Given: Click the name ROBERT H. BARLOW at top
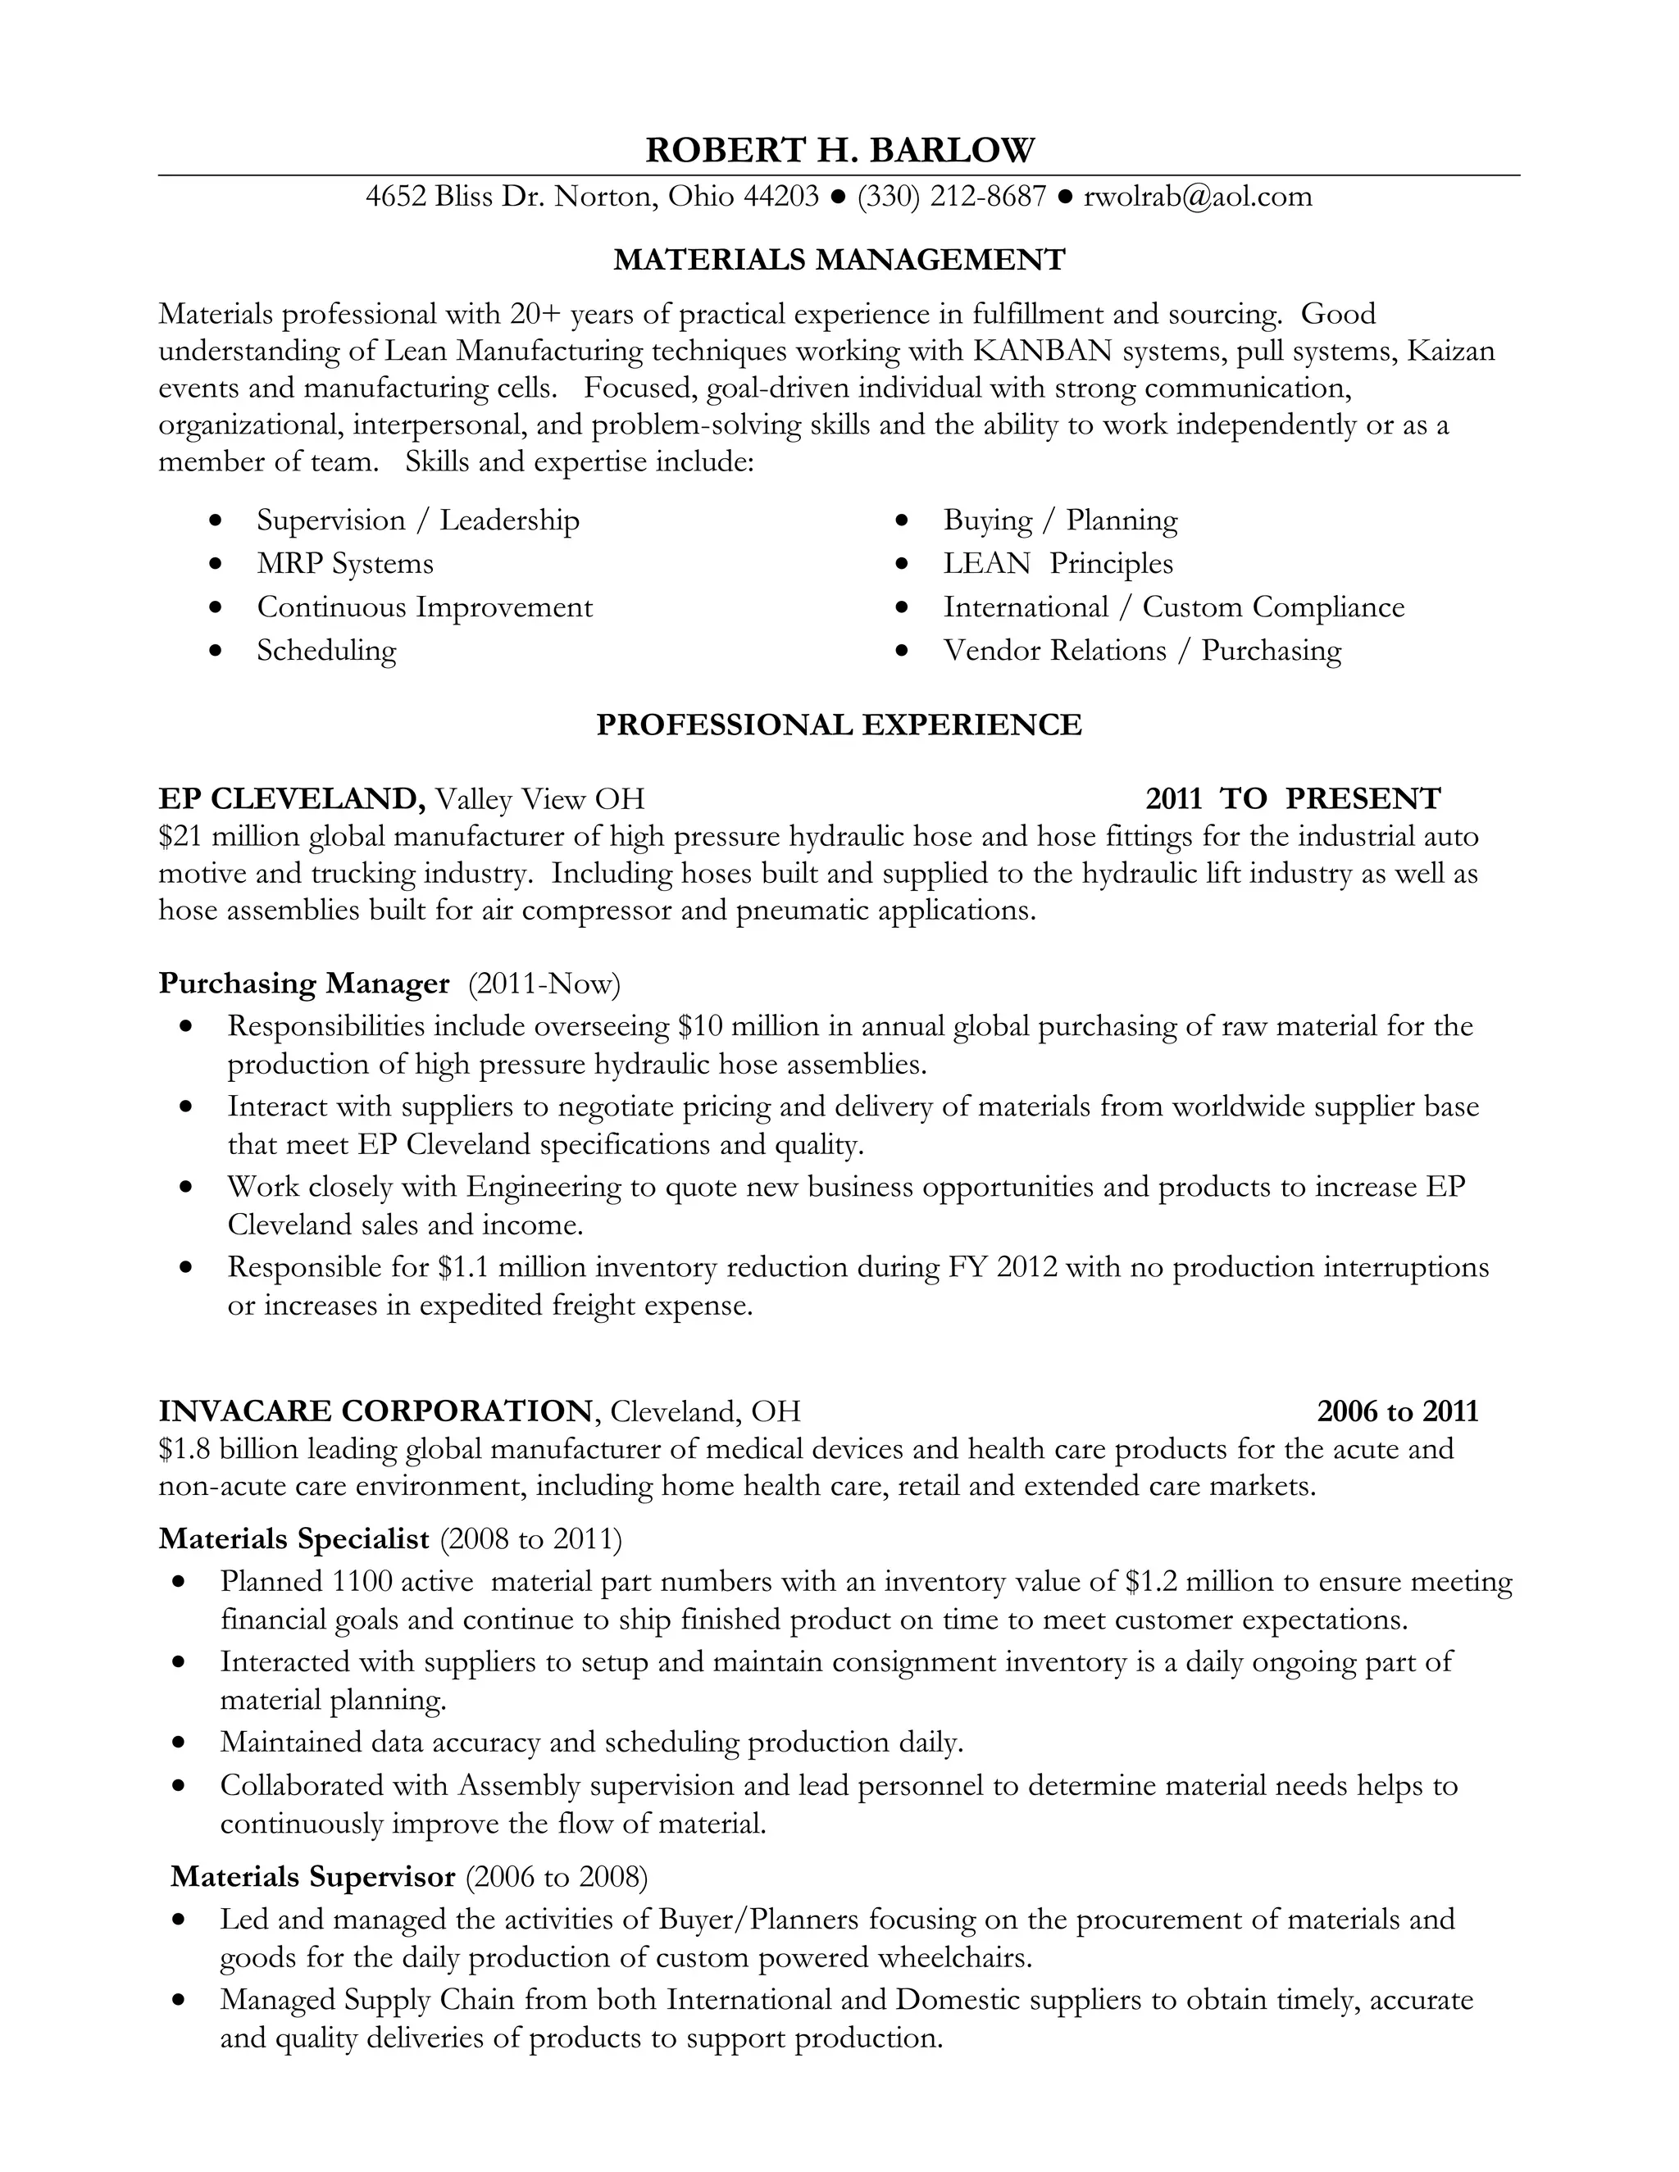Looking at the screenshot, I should tap(839, 150).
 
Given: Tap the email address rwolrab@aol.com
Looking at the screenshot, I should tap(1198, 196).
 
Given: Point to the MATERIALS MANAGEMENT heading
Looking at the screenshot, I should tap(839, 260).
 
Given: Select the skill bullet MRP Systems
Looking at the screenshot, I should tap(345, 564).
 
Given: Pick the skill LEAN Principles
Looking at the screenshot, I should tap(1058, 564).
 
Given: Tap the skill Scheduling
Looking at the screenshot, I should tap(326, 651).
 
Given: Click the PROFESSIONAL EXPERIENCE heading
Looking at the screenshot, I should tap(839, 725).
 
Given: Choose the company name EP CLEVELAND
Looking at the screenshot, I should tap(291, 798).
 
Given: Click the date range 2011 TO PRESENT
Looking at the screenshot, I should tap(1292, 798).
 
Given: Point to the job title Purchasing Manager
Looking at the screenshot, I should tap(304, 984).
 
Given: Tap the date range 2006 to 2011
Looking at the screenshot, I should tap(1398, 1411).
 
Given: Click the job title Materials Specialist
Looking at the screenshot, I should tap(294, 1539).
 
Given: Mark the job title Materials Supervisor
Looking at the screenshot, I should tap(312, 1877).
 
